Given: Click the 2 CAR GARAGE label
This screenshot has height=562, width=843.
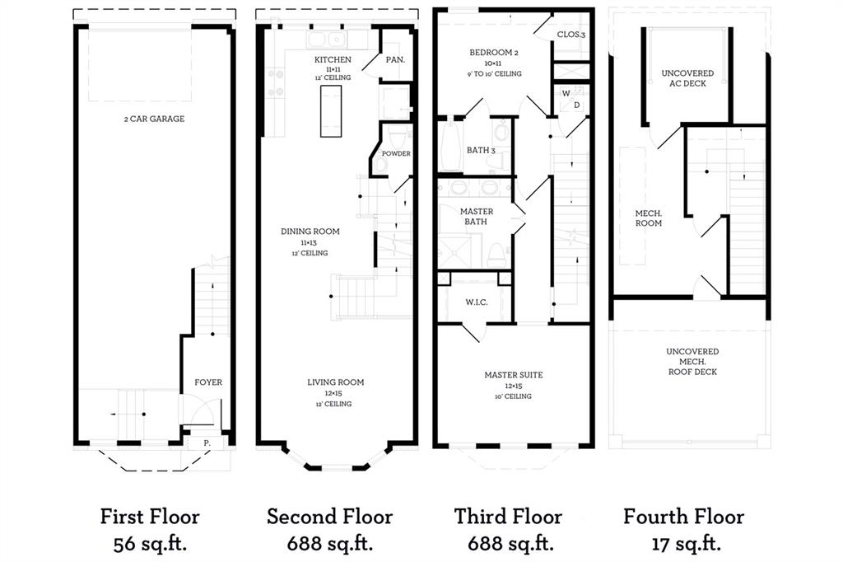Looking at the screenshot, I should [154, 119].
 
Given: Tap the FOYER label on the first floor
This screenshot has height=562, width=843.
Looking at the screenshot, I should [208, 382].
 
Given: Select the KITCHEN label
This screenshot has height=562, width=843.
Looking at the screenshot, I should [333, 59].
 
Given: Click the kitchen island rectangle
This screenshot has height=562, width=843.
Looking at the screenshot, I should [331, 110].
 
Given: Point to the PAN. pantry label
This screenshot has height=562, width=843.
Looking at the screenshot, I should [395, 59].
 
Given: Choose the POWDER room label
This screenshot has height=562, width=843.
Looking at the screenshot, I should [396, 153].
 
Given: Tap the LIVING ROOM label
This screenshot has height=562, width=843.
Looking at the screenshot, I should [335, 382].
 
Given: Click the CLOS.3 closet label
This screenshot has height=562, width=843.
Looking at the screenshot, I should [571, 35].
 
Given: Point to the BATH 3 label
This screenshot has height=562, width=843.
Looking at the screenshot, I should [481, 150].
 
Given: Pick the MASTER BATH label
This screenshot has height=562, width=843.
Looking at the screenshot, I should [477, 217].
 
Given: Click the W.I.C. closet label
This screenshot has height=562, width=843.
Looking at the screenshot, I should [477, 302].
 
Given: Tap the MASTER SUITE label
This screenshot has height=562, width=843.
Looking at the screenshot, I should [513, 375].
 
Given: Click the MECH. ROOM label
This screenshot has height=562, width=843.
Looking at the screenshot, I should [648, 218].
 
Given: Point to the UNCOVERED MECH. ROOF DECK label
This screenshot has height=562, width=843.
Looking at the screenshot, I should [692, 362].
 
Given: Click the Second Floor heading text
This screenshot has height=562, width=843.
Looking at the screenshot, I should [329, 517].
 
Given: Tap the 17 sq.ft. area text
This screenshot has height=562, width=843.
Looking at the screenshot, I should [683, 544].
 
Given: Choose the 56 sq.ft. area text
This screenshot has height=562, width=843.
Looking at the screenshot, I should [150, 544].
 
